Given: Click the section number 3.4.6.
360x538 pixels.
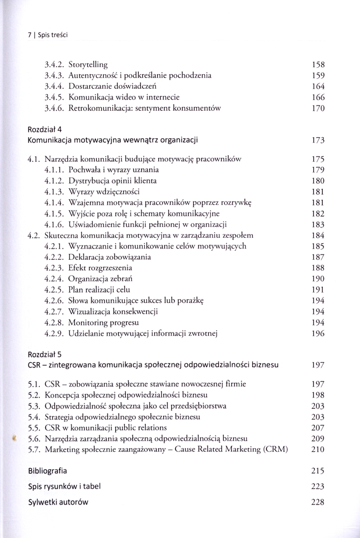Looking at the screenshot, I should tap(55, 108).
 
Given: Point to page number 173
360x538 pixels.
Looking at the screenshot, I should tap(318, 140).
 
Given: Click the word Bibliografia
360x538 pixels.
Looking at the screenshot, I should tap(47, 471).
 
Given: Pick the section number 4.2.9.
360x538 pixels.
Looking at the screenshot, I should tap(55, 334).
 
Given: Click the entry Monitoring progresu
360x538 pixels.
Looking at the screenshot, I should tap(104, 323).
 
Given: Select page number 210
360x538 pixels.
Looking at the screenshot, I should tap(318, 449).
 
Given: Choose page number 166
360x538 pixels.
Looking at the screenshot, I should tap(318, 97).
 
